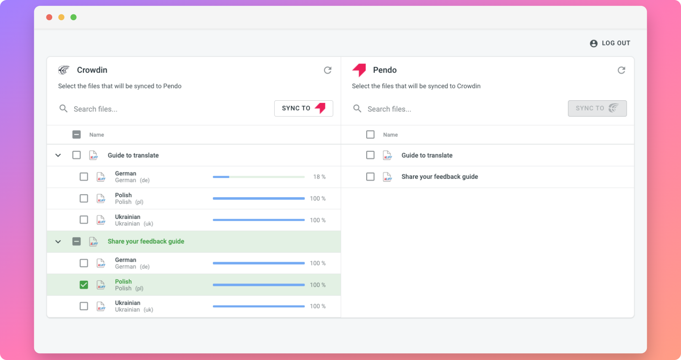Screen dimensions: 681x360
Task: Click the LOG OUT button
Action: [610, 43]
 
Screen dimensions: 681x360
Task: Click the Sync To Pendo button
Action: [303, 108]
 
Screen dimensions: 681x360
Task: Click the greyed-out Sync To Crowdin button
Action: [597, 108]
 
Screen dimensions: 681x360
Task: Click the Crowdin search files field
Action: [164, 109]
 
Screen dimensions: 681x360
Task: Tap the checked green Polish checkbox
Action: [83, 285]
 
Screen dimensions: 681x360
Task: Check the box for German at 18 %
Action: [83, 177]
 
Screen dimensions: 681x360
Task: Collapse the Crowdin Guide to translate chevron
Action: [58, 156]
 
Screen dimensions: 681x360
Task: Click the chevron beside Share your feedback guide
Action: [58, 242]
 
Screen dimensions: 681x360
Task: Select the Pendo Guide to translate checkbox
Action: [370, 155]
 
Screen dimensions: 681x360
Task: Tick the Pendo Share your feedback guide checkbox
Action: [370, 177]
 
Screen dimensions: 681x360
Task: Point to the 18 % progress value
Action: [319, 177]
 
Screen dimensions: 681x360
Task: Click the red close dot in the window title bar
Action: [49, 17]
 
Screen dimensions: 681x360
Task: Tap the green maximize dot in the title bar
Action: [74, 17]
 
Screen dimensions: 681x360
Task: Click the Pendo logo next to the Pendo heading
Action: [359, 70]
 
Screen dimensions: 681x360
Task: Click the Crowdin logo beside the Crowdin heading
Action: [64, 70]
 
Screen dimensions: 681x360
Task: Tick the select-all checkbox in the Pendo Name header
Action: [370, 134]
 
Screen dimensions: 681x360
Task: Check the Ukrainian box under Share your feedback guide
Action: [83, 306]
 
